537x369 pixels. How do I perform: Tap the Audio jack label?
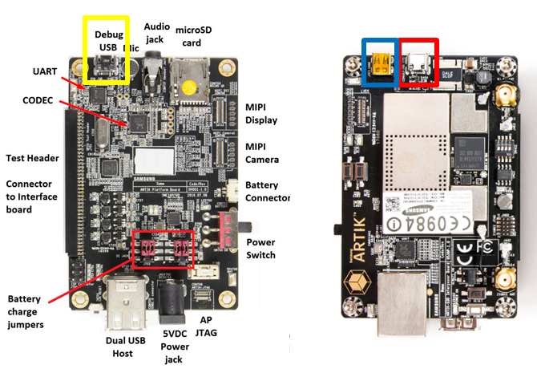tap(156, 31)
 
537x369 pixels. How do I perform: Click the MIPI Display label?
tap(261, 113)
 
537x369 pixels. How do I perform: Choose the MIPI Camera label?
tap(262, 152)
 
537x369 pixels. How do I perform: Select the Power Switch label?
tap(261, 249)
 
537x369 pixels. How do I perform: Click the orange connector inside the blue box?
tap(379, 66)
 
